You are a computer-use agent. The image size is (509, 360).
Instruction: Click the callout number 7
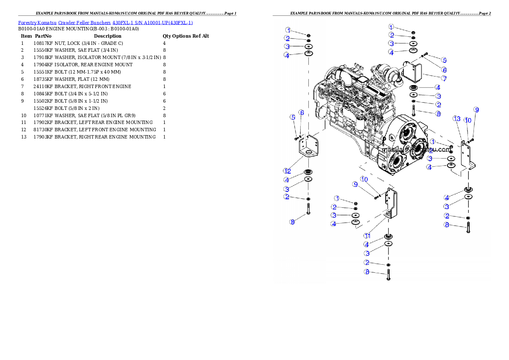click(444, 79)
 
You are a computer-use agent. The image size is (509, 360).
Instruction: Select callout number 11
click(367, 236)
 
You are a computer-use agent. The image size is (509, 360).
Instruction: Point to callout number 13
click(457, 118)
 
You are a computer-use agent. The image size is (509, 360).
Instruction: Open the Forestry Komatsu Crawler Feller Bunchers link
click(105, 23)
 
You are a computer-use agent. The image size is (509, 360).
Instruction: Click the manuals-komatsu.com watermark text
click(416, 150)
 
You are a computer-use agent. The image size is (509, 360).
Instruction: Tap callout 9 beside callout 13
click(476, 110)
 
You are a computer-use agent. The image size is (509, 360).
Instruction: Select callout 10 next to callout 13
click(468, 121)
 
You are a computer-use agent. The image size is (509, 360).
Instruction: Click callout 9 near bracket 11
click(355, 184)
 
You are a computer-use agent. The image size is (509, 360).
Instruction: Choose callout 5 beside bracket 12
click(293, 117)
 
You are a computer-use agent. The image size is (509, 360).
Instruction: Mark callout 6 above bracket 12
click(302, 112)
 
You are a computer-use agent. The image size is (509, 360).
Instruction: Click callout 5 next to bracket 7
click(444, 60)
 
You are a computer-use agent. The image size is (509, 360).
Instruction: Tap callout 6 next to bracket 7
click(444, 70)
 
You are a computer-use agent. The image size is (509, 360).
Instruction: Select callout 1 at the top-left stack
click(289, 30)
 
